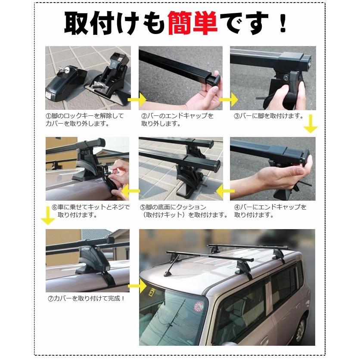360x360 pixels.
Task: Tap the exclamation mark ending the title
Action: click(x=282, y=24)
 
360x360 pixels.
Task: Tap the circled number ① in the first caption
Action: click(x=49, y=116)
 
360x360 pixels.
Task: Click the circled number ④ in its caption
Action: click(x=237, y=207)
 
